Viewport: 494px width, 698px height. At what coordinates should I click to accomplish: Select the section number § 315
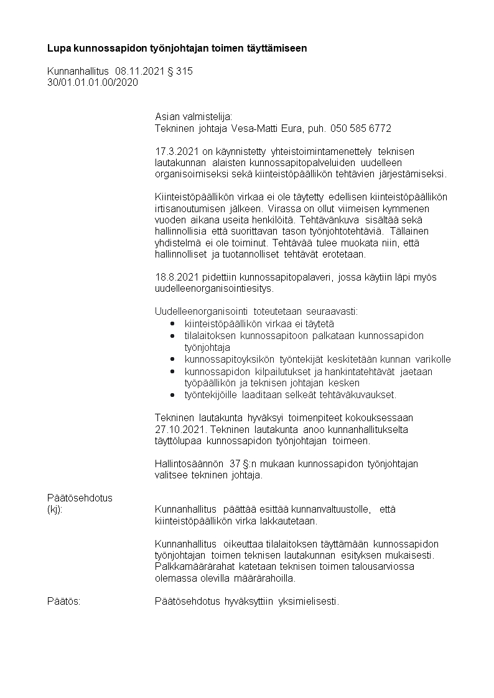click(179, 72)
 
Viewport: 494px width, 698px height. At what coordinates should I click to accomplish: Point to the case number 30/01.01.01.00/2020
click(93, 82)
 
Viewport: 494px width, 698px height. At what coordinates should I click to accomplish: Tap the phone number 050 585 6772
click(361, 129)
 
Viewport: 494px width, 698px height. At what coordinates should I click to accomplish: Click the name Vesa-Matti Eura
click(271, 129)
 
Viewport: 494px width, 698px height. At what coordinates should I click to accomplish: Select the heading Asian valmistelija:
click(193, 117)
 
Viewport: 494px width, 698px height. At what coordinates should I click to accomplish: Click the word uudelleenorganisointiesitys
click(214, 289)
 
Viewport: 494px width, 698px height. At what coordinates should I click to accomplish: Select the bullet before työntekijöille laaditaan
click(172, 395)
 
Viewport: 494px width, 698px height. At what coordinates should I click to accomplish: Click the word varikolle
click(432, 360)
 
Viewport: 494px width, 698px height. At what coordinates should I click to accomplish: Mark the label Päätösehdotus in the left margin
click(80, 498)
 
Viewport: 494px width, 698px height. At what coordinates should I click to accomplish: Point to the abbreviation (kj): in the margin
click(55, 510)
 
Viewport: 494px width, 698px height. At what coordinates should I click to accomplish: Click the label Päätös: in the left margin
click(64, 602)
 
